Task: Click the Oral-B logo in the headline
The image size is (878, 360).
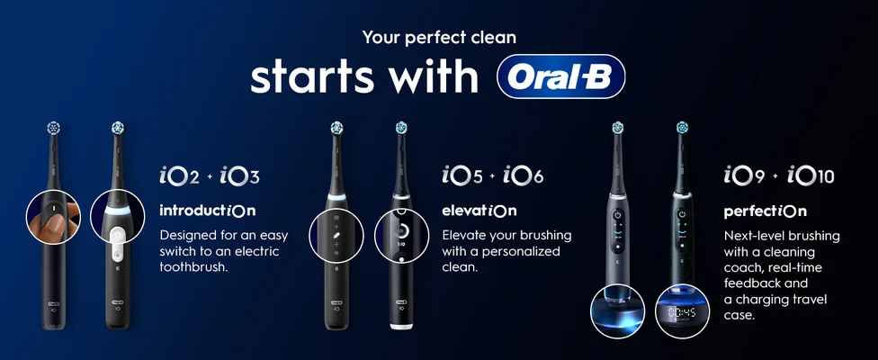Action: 560,78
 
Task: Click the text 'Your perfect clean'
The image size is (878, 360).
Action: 439,38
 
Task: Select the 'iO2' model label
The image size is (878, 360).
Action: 179,175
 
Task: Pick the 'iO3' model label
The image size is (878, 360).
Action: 240,175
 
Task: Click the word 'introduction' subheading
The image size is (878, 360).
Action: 207,211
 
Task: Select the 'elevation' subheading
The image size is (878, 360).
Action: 479,211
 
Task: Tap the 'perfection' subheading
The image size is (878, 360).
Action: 766,212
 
